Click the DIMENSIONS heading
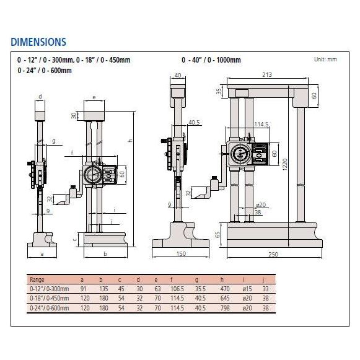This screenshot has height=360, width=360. click(x=38, y=42)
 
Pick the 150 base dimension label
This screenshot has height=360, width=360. click(x=180, y=253)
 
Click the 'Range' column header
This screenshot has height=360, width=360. click(x=38, y=279)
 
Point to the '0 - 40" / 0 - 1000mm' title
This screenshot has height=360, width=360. click(x=211, y=60)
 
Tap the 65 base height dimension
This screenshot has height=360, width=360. click(x=217, y=234)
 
